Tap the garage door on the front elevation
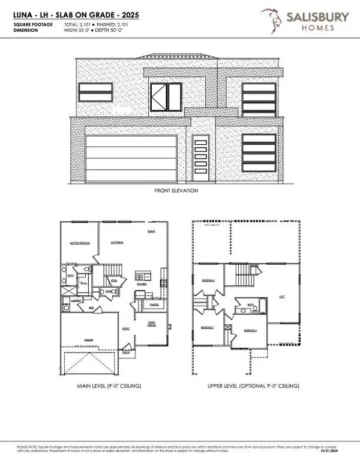(131, 157)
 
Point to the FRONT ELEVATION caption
(176, 191)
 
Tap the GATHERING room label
(117, 243)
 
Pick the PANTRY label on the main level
(154, 304)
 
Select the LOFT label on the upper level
(281, 295)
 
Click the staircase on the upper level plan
(243, 277)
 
